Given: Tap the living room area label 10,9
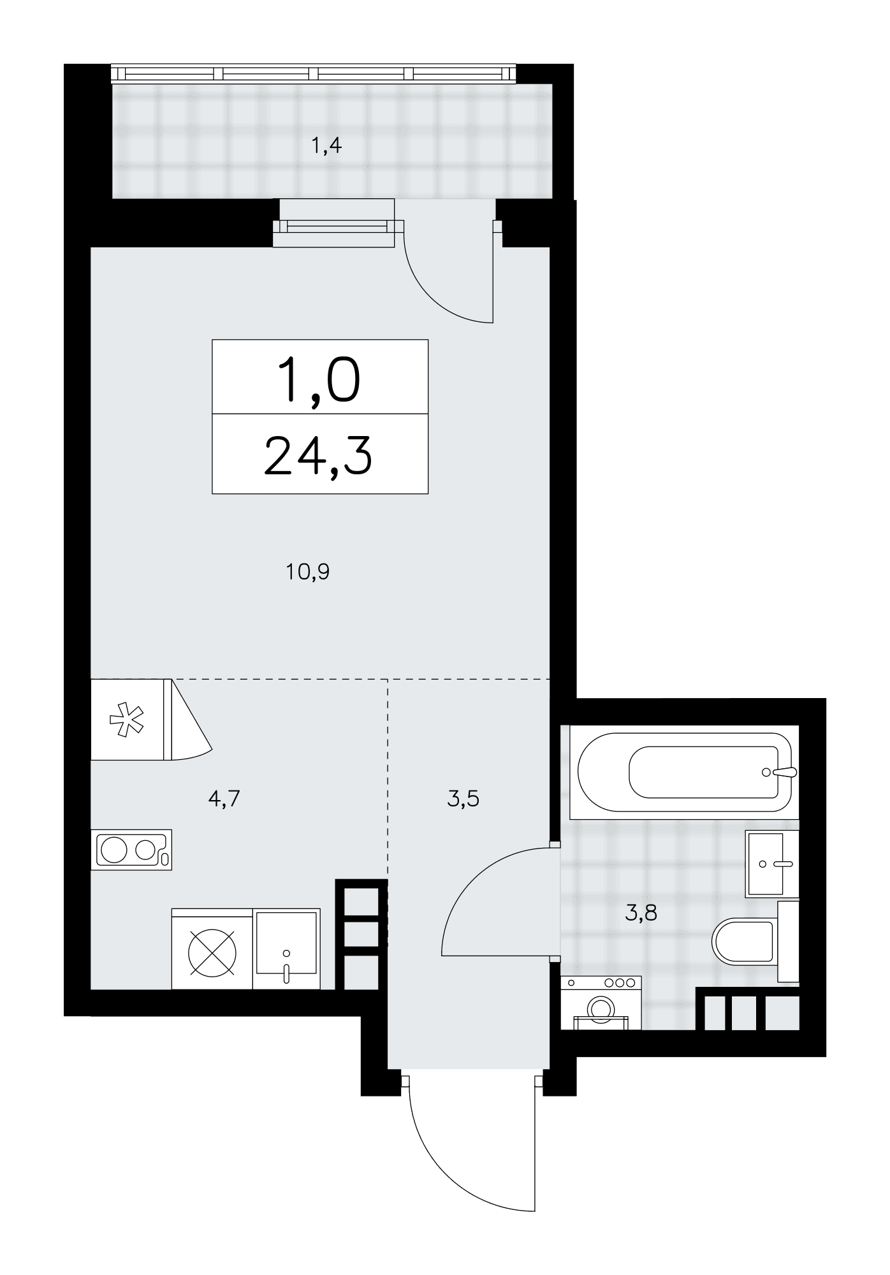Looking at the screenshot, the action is click(308, 572).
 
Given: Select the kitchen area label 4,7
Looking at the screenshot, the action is click(224, 798).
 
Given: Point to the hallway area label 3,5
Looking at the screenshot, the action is click(463, 798).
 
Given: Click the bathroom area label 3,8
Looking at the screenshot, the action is click(641, 914).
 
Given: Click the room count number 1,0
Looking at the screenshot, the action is click(319, 381).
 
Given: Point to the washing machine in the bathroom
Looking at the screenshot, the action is click(601, 1002).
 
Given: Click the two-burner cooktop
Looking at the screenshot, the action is click(131, 850).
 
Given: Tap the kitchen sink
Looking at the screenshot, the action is click(286, 949).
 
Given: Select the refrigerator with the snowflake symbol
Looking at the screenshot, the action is click(150, 720).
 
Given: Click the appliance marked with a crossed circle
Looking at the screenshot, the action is click(212, 949).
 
